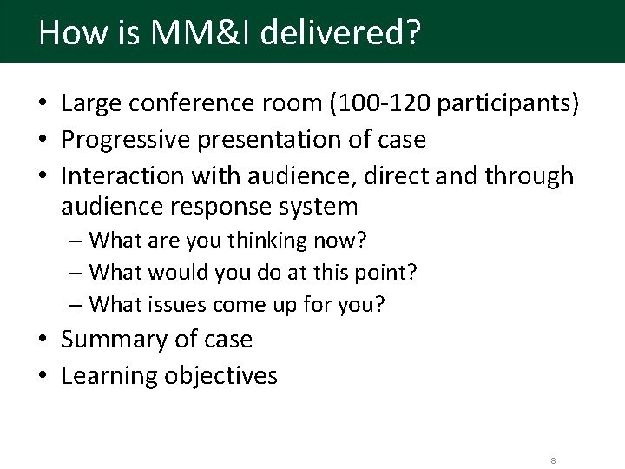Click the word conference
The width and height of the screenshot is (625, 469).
[191, 106]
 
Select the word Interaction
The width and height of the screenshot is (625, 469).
[117, 176]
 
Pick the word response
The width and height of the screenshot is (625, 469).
[232, 207]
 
